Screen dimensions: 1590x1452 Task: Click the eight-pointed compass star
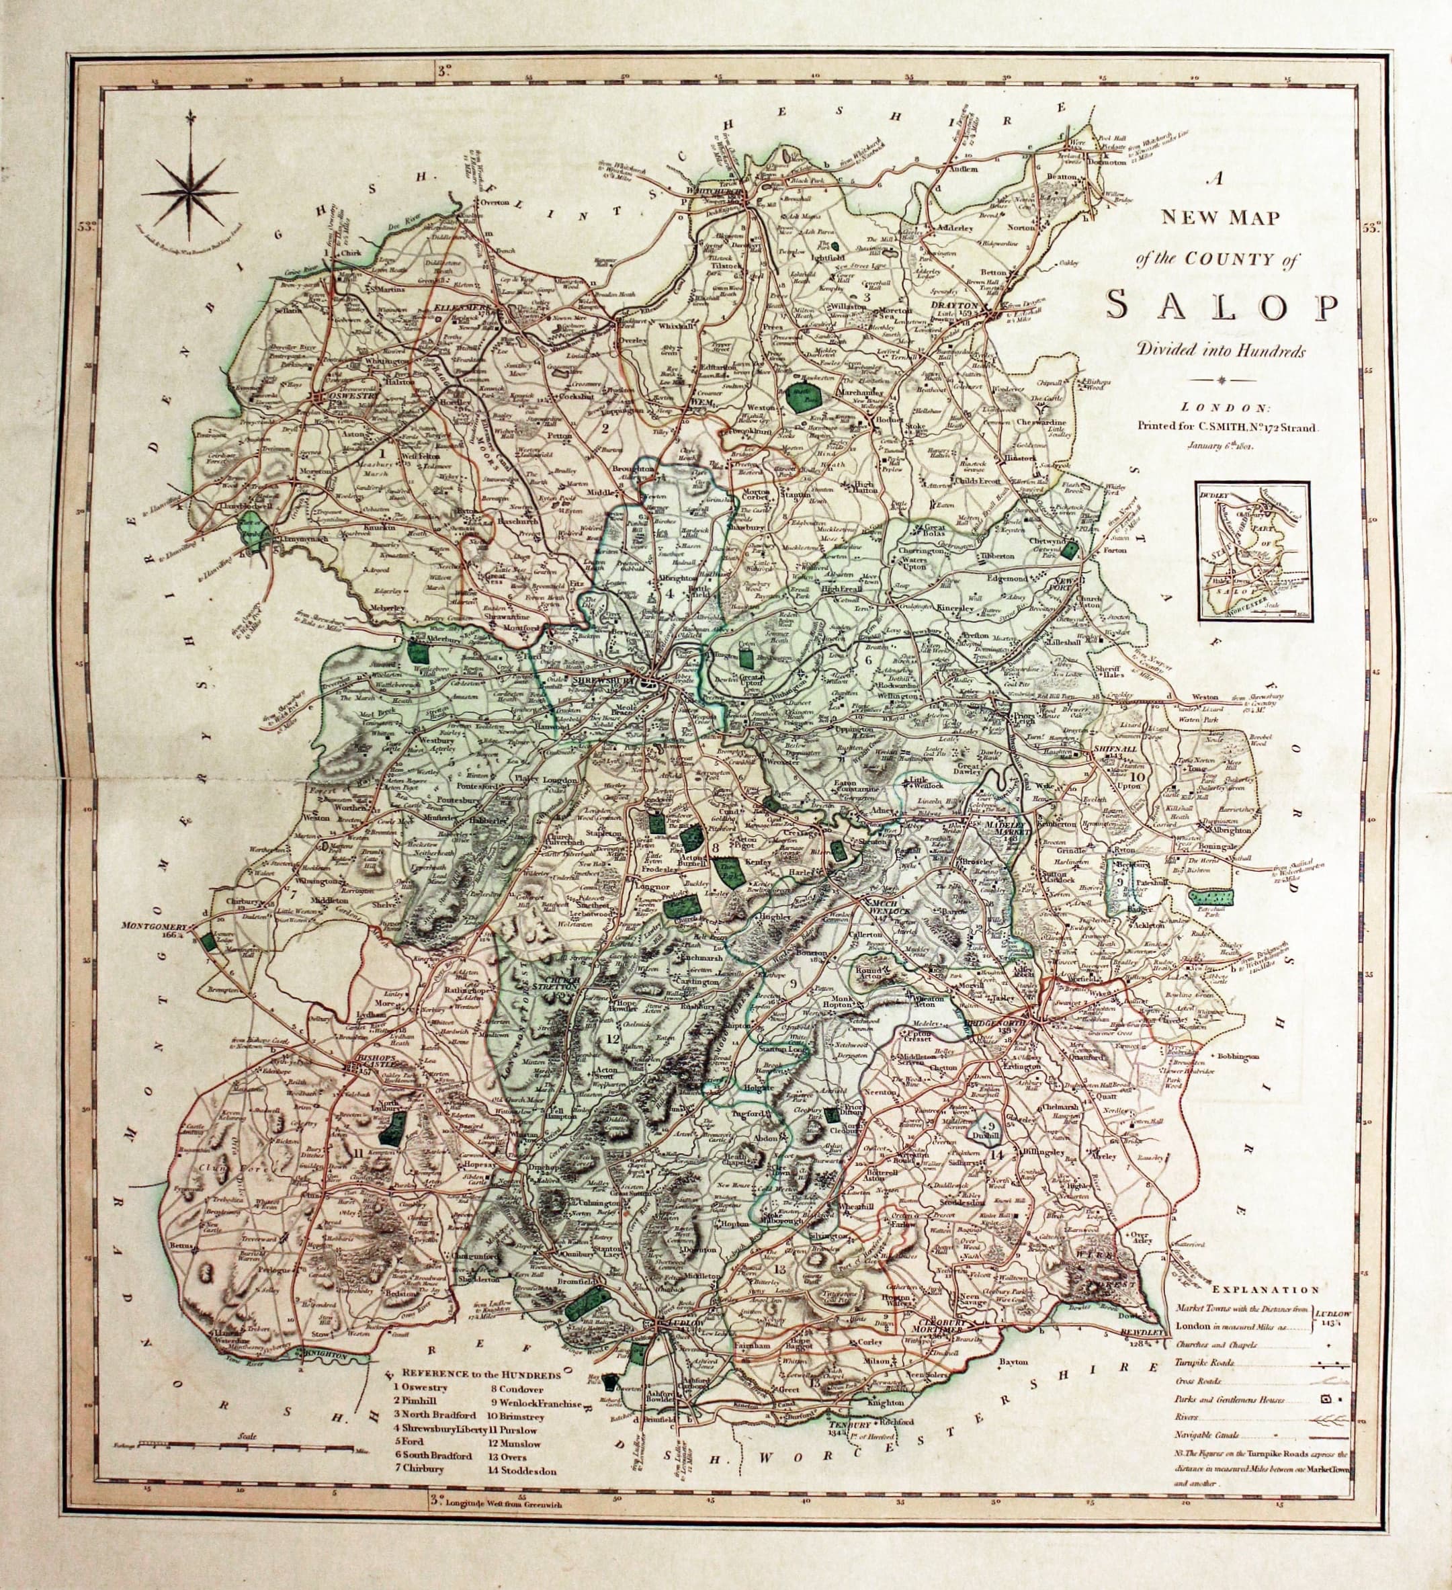pyautogui.click(x=189, y=192)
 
